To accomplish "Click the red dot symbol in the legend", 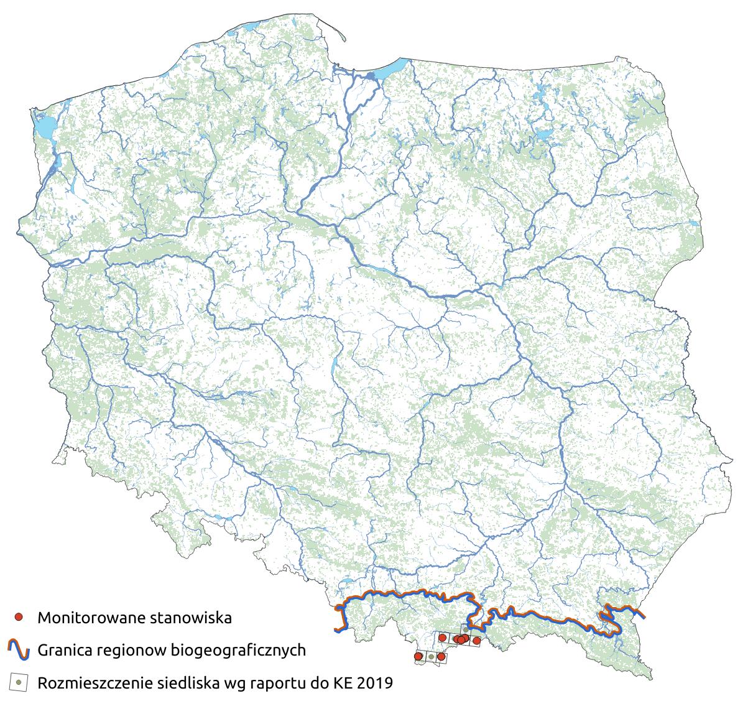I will (19, 617).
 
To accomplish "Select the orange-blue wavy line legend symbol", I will (19, 650).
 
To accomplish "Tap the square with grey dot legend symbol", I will (19, 682).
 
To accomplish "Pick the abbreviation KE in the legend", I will (339, 683).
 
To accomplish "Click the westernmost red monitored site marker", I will (418, 656).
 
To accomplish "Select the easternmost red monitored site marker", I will (477, 641).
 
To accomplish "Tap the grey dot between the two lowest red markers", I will (431, 657).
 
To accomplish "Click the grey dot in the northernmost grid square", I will (465, 629).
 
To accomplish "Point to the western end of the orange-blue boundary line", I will (336, 630).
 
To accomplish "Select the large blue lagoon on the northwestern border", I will (44, 128).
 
